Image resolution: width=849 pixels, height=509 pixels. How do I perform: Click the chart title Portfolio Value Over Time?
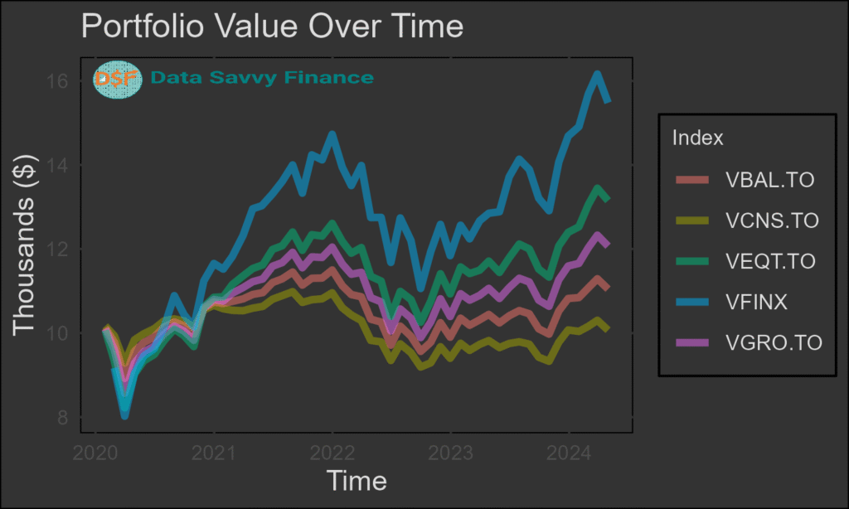(272, 27)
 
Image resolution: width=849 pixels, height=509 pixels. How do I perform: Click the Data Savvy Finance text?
(262, 78)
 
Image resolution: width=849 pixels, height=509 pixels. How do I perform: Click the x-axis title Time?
(357, 481)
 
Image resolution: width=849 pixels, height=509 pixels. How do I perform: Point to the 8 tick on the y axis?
(65, 418)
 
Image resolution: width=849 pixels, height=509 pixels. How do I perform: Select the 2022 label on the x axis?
(332, 453)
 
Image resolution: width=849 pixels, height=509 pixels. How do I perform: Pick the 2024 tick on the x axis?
(568, 453)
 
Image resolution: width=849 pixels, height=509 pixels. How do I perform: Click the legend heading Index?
(697, 138)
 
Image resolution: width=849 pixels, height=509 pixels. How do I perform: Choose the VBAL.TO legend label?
(769, 180)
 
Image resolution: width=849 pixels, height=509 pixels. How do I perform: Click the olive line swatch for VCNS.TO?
(692, 221)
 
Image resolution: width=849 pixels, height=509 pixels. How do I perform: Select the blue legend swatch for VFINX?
(692, 302)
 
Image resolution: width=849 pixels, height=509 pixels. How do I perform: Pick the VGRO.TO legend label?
(773, 342)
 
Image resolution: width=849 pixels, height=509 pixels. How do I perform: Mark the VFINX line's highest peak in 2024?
(597, 75)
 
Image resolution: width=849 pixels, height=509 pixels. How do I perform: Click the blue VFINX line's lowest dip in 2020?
(124, 414)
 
